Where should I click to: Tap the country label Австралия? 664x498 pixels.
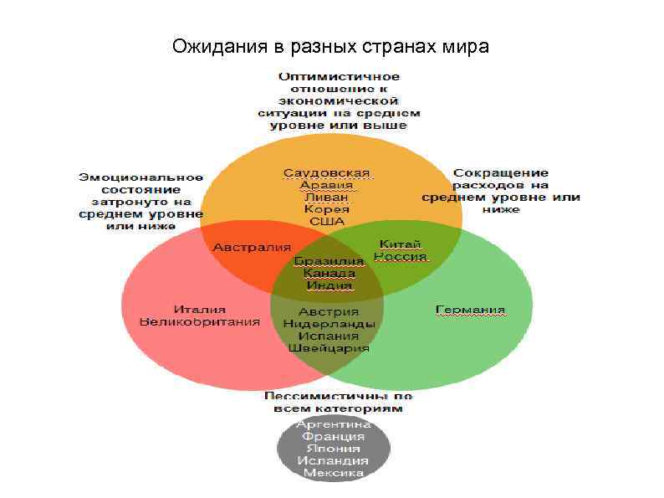point(251,248)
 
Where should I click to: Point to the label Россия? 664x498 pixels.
point(401,256)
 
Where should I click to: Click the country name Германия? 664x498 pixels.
point(471,311)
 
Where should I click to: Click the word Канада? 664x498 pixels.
point(329,273)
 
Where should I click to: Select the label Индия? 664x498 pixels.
point(329,285)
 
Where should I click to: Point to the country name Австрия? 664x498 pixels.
point(329,311)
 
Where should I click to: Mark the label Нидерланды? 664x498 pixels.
point(329,323)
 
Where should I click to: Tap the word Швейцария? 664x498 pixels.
point(329,347)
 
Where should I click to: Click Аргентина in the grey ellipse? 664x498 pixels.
point(334,424)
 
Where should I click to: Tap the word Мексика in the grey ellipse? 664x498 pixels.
point(334,473)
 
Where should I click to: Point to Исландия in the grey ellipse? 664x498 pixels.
point(334,460)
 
